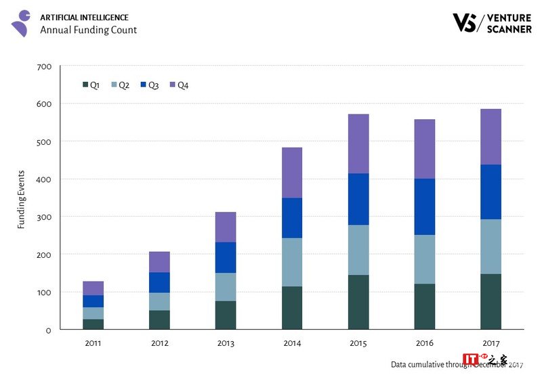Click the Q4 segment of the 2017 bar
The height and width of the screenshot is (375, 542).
pyautogui.click(x=491, y=137)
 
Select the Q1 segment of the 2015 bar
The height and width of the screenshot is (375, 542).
pyautogui.click(x=358, y=302)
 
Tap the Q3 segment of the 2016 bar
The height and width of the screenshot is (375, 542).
pyautogui.click(x=424, y=206)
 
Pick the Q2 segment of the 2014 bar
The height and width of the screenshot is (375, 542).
pyautogui.click(x=292, y=262)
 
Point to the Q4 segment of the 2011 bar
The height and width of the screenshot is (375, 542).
pyautogui.click(x=93, y=288)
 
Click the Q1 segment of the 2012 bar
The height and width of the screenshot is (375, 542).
pyautogui.click(x=159, y=319)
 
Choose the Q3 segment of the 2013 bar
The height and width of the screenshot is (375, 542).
pyautogui.click(x=226, y=257)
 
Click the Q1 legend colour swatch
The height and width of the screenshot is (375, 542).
pyautogui.click(x=85, y=85)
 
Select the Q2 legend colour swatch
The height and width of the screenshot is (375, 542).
pyautogui.click(x=114, y=85)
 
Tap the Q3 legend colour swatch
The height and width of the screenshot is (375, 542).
pyautogui.click(x=144, y=85)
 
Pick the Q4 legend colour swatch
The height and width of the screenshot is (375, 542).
pyautogui.click(x=173, y=85)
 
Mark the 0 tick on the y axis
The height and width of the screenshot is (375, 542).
pyautogui.click(x=49, y=330)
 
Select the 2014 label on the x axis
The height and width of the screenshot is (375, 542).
pyautogui.click(x=292, y=343)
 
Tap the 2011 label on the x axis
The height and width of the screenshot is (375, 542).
pyautogui.click(x=93, y=343)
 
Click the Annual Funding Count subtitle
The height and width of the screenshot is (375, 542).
pyautogui.click(x=88, y=30)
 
